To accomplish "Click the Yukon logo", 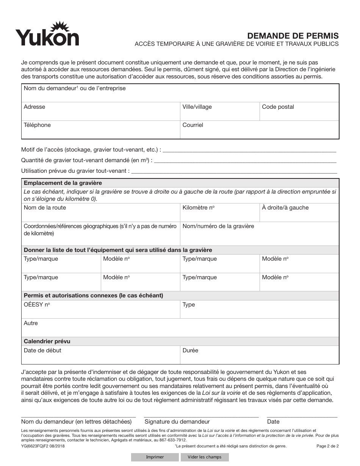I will tap(47, 34).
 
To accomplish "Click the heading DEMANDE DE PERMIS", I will tap(293, 36).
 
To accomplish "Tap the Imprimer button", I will tap(155, 457).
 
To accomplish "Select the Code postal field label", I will tap(278, 107).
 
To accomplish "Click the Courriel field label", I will tap(193, 125).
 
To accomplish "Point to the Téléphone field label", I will tap(37, 125).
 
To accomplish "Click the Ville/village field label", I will tap(197, 107).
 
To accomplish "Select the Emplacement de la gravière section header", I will tap(63, 183).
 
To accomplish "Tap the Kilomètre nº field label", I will tap(199, 208).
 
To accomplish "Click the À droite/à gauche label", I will tap(285, 208).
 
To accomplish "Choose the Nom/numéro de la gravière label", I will tap(218, 226).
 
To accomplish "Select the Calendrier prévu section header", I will tap(47, 341).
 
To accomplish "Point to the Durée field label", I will tap(190, 350).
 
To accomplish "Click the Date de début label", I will tap(42, 350).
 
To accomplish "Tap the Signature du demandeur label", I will tap(177, 422).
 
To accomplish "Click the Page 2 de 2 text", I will tap(327, 446).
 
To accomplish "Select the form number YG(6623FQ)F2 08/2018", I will tap(44, 446).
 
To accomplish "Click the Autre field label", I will tap(31, 323).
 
